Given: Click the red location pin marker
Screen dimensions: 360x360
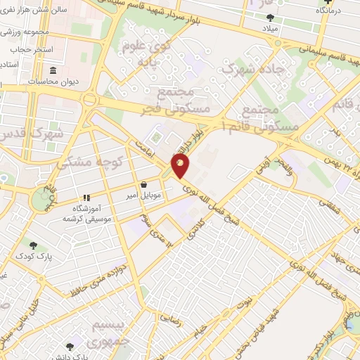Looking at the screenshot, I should [180, 167].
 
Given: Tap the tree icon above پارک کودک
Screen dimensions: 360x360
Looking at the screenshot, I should [33, 245].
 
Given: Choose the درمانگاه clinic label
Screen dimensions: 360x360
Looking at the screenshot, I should [330, 11].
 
